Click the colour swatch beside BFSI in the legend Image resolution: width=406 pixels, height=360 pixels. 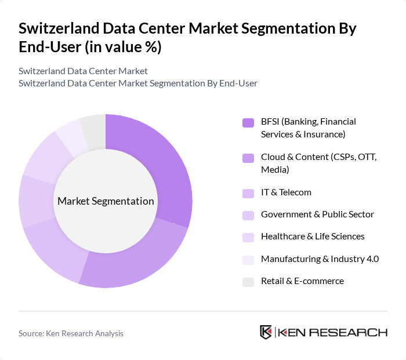248,122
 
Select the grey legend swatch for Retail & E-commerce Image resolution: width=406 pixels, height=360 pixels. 248,281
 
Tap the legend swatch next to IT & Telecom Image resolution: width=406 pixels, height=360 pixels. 248,193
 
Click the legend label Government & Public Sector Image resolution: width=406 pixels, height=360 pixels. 317,214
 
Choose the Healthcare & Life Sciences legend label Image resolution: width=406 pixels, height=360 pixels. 313,237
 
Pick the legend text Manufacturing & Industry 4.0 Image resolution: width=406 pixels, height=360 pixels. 320,259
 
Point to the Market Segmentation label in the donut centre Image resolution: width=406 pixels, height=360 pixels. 106,201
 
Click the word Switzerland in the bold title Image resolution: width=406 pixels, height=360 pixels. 56,29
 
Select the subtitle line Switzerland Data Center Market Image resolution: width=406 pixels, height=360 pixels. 83,71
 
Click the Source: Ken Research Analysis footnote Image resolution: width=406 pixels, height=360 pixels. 71,333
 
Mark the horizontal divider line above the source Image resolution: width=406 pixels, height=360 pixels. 203,311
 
